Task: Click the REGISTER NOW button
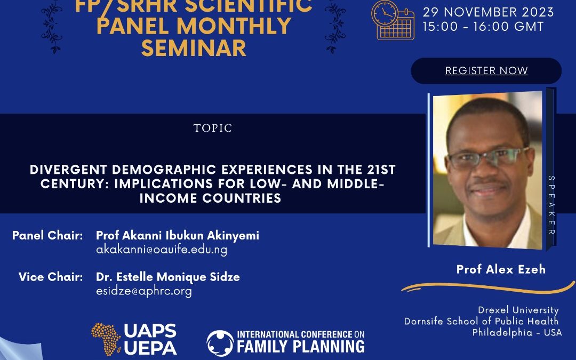pyautogui.click(x=486, y=70)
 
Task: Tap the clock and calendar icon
pyautogui.click(x=393, y=20)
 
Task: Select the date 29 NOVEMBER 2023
pyautogui.click(x=488, y=12)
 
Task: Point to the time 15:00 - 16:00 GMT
pyautogui.click(x=483, y=27)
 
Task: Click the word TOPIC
pyautogui.click(x=213, y=128)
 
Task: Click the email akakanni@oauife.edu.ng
pyautogui.click(x=162, y=250)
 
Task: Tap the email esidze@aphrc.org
pyautogui.click(x=143, y=291)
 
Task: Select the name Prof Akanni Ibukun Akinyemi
pyautogui.click(x=178, y=235)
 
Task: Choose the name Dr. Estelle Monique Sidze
pyautogui.click(x=168, y=277)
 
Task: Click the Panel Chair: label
pyautogui.click(x=47, y=235)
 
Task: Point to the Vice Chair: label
pyautogui.click(x=51, y=277)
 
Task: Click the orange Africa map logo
pyautogui.click(x=106, y=339)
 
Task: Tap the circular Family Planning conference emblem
pyautogui.click(x=220, y=343)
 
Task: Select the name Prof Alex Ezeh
pyautogui.click(x=501, y=269)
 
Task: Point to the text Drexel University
pyautogui.click(x=518, y=310)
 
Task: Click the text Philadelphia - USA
pyautogui.click(x=517, y=332)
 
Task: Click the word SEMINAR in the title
pyautogui.click(x=194, y=48)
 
